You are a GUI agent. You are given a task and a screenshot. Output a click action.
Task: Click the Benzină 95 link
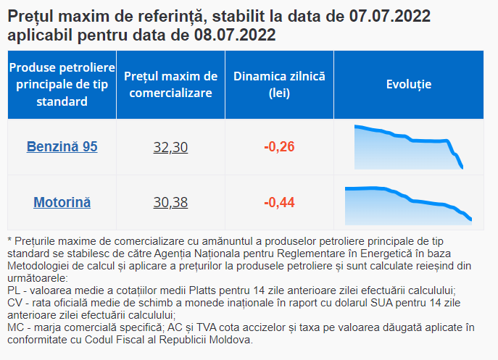(x=62, y=146)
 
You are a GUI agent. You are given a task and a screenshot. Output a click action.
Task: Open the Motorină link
(x=62, y=203)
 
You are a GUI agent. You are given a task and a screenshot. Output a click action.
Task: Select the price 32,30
(x=170, y=147)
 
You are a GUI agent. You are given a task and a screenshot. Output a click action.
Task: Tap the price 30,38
(x=170, y=203)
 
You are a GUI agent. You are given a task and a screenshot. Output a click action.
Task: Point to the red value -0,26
(x=280, y=146)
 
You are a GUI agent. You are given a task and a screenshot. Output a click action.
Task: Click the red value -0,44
(x=280, y=203)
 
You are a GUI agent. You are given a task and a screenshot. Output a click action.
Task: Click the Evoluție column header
(x=409, y=85)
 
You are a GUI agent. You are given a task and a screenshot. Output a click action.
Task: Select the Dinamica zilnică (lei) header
(x=280, y=85)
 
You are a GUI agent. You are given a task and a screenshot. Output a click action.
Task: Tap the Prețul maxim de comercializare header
(x=170, y=85)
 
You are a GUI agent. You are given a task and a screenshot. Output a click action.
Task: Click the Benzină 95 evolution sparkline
(x=409, y=147)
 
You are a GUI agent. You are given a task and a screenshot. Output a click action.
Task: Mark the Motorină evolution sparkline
(x=408, y=206)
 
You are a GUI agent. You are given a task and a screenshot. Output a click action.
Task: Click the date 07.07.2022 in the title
(x=390, y=16)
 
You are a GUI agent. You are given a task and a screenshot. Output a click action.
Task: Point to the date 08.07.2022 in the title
(x=235, y=35)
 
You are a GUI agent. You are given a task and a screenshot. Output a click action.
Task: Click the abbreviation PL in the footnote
(x=14, y=290)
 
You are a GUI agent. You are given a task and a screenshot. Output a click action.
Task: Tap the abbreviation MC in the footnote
(x=15, y=327)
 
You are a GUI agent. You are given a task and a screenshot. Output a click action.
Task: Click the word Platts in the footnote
(x=202, y=290)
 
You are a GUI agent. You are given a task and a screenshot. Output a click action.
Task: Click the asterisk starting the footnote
(x=9, y=240)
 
